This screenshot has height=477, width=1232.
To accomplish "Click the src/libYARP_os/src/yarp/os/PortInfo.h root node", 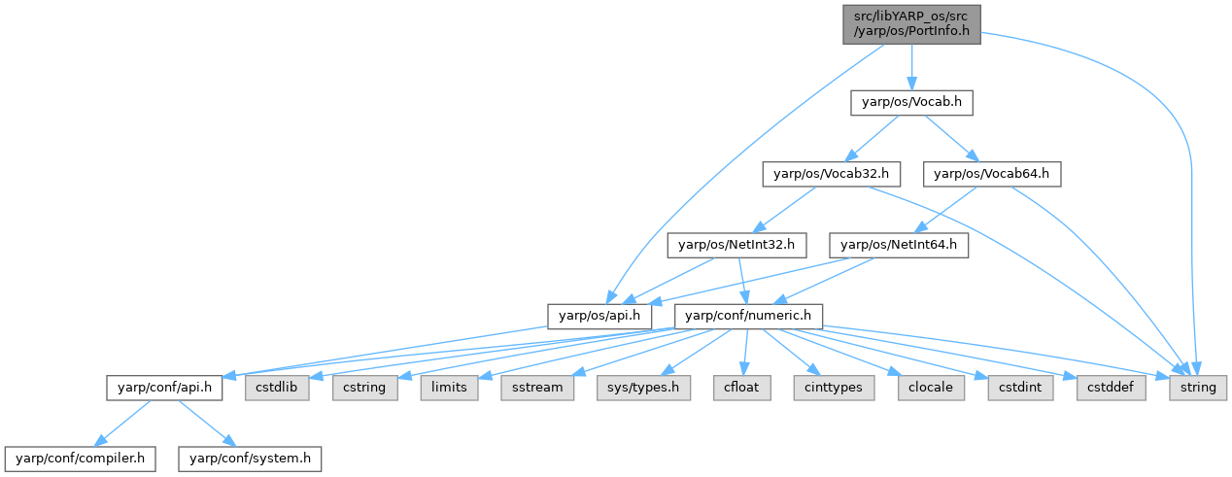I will (911, 23).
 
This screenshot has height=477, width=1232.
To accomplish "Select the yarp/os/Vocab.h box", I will (911, 103).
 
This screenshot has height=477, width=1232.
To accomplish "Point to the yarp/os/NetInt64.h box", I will (899, 246).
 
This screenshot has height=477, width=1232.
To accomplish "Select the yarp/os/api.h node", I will (599, 317).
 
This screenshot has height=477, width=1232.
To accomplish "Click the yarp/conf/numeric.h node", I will (749, 317).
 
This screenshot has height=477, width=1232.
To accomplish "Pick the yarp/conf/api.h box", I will (165, 388).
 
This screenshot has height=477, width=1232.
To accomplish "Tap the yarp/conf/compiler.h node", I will (80, 458).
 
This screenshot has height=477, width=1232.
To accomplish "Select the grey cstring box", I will (364, 388).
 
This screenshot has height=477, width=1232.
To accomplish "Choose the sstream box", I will (531, 388).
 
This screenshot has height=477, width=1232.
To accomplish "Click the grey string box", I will (1198, 388).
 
